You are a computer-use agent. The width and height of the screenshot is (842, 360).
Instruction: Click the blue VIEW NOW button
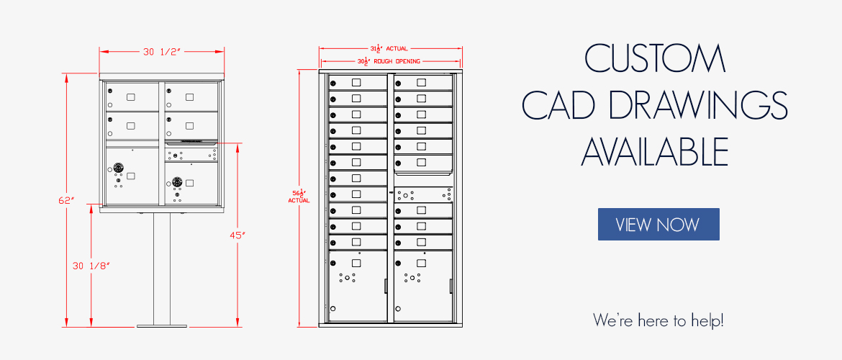pos(658,224)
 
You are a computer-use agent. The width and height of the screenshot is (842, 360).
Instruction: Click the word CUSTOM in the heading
pos(654,59)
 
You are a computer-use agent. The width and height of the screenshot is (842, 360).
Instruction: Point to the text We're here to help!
pos(658,320)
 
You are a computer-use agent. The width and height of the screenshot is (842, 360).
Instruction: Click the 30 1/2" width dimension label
pos(161,52)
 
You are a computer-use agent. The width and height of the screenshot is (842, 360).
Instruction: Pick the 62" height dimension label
pos(67,200)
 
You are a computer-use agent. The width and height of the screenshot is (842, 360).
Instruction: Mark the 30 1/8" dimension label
pos(91,266)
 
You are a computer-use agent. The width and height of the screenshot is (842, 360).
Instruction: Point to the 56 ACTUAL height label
pos(299,196)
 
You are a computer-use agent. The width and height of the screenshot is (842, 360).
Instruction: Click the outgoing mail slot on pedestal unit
pos(190,143)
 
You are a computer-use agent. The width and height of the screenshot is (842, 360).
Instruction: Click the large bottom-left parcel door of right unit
pos(358,285)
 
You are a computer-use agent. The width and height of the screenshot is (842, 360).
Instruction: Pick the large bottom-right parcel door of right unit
pos(423,285)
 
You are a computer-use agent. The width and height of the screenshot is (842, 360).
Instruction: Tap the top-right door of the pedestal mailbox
pos(191,96)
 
